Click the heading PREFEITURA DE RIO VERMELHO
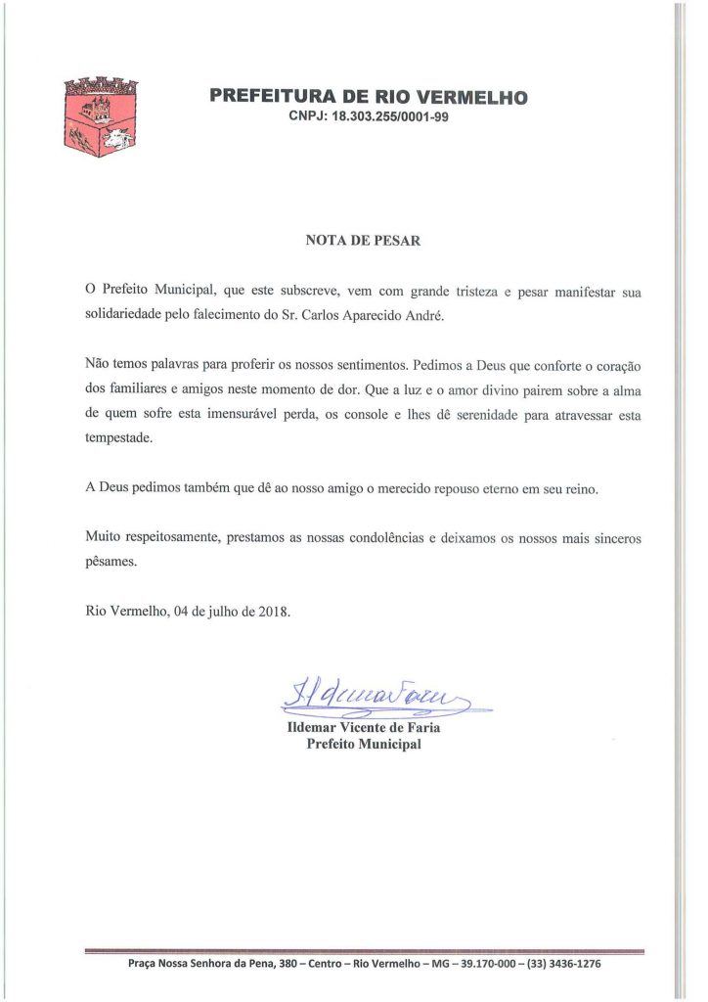(x=369, y=97)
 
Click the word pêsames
(x=111, y=563)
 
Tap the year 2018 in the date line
(x=272, y=613)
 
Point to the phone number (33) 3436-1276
(x=563, y=964)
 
